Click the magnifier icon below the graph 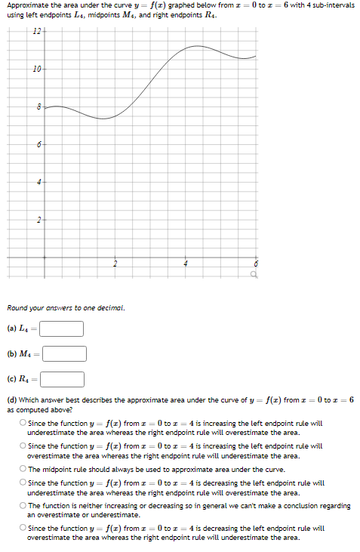click(x=255, y=276)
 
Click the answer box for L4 click(x=61, y=328)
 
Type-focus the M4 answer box click(x=64, y=353)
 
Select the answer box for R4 click(x=62, y=379)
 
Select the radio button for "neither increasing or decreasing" click(x=23, y=506)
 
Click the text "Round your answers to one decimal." click(x=66, y=307)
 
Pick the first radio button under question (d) click(x=23, y=423)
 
